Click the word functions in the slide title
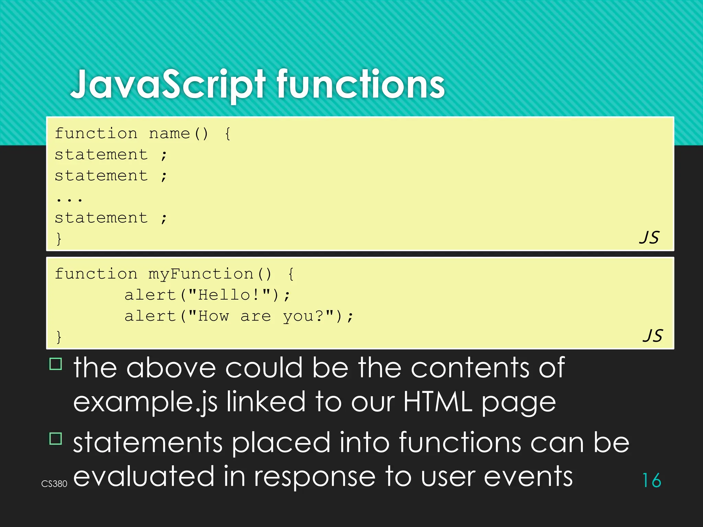[360, 84]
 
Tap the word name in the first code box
[169, 133]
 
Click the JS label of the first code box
[649, 237]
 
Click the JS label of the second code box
[653, 336]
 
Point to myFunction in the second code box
[201, 274]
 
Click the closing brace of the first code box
[59, 238]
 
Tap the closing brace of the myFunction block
[59, 337]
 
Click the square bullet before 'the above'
[56, 364]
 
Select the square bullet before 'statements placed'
[56, 438]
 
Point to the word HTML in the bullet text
[438, 401]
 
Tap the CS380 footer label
[54, 484]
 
